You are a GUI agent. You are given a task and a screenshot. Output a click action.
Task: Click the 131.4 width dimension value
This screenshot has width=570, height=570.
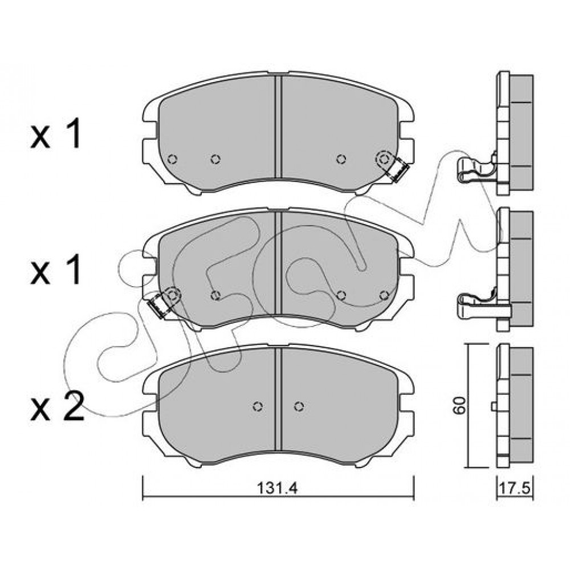(x=277, y=488)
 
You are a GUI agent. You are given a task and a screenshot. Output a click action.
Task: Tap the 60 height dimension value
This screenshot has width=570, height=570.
(x=459, y=405)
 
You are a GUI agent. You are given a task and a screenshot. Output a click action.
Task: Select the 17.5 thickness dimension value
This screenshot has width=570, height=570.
(x=514, y=488)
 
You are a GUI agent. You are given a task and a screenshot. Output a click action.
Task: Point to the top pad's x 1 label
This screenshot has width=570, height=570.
(x=55, y=135)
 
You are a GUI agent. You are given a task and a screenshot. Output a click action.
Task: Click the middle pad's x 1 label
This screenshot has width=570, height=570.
(x=55, y=271)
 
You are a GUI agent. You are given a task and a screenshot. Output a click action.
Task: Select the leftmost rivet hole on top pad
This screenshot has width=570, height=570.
(x=172, y=159)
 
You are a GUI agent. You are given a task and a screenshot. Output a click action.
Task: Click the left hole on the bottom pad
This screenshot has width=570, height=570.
(x=258, y=406)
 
